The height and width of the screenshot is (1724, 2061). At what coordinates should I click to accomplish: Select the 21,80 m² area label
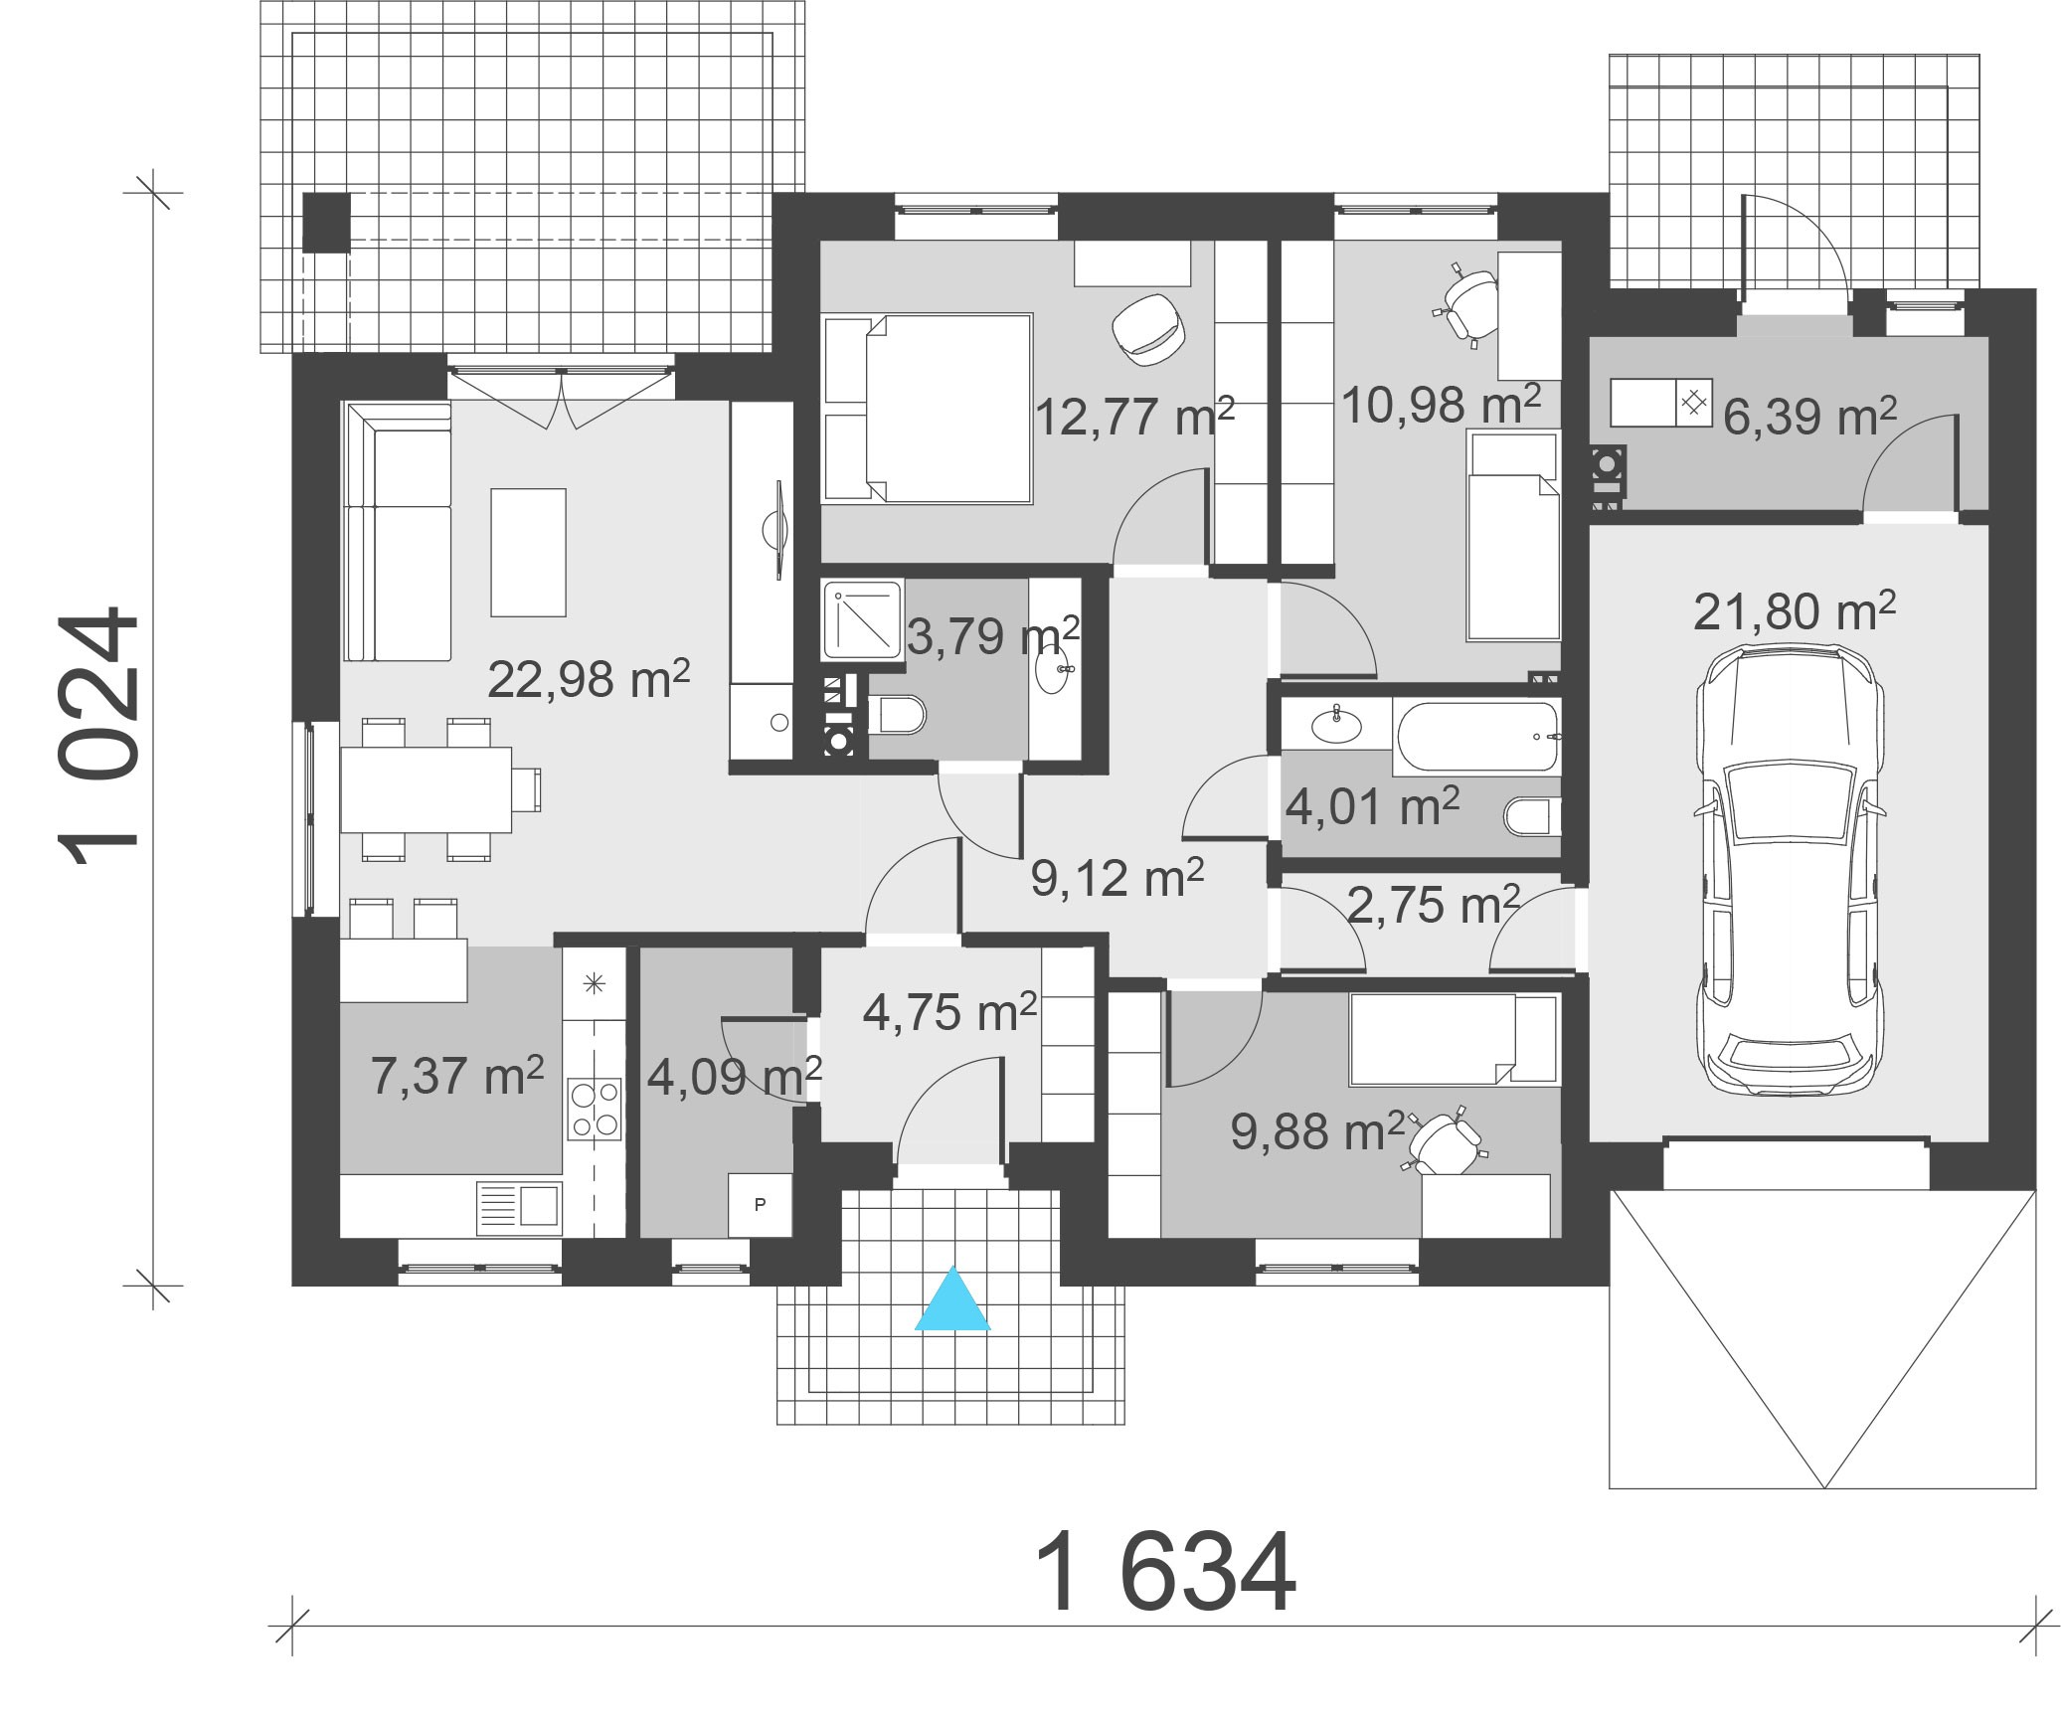point(1794,611)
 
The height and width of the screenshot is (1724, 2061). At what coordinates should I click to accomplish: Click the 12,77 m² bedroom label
point(1134,416)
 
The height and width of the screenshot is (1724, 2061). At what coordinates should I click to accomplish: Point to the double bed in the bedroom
point(928,407)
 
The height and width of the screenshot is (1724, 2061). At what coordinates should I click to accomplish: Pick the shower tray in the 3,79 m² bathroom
point(862,619)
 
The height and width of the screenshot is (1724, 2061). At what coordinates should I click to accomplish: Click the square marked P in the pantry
point(760,1204)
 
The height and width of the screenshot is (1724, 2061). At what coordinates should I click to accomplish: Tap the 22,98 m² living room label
point(589,680)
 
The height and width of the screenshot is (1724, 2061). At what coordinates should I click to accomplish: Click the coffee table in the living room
point(528,552)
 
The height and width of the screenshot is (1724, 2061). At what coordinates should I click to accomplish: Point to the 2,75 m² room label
point(1433,905)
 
